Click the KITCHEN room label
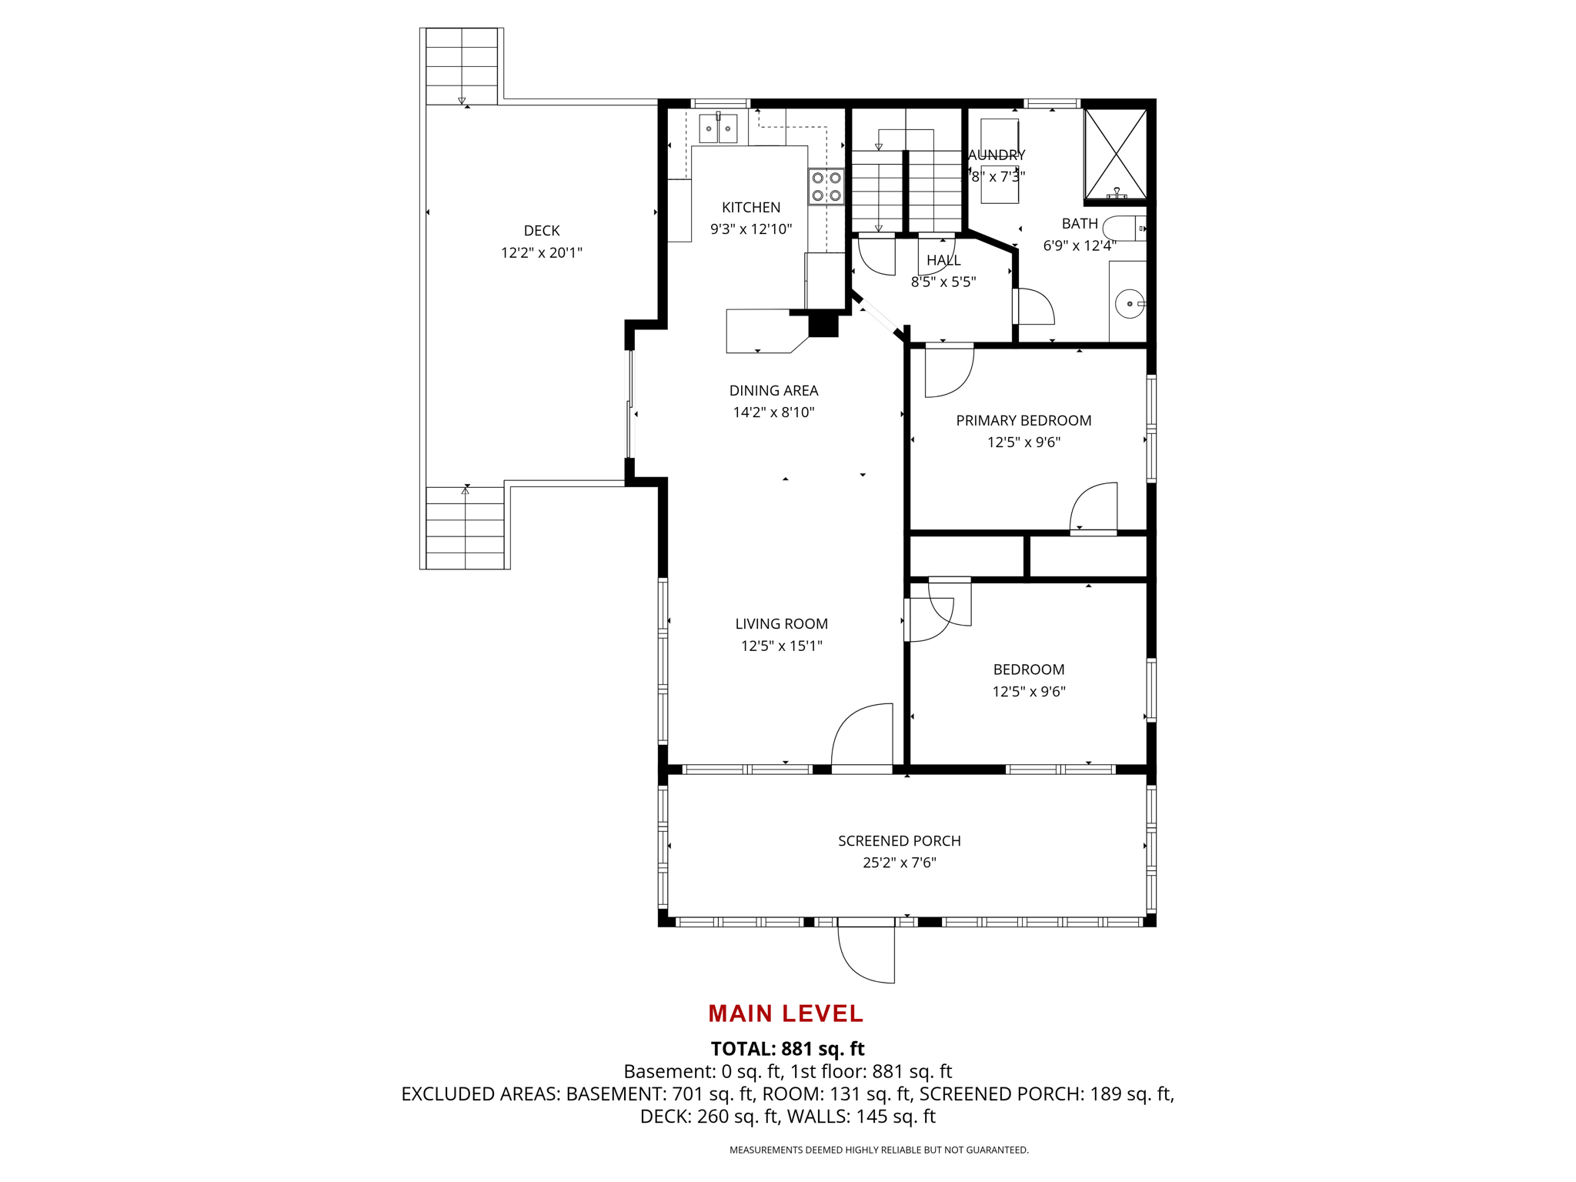coord(750,207)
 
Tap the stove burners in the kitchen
coord(826,186)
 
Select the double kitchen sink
coord(718,129)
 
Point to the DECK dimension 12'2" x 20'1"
coord(541,252)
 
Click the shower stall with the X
coord(1115,154)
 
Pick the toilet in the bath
coord(1124,229)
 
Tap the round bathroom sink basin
coord(1129,304)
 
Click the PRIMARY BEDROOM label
coord(1023,420)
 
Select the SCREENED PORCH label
coord(899,841)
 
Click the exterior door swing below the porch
coord(866,954)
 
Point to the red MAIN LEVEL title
coord(786,1013)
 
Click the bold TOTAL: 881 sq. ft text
coord(787,1049)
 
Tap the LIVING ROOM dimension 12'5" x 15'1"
coord(781,646)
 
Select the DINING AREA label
coord(773,390)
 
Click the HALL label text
coord(943,260)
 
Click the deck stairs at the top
coord(461,66)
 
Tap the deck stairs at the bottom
coord(465,528)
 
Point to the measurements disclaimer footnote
coord(879,1150)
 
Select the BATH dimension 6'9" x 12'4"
coord(1079,245)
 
